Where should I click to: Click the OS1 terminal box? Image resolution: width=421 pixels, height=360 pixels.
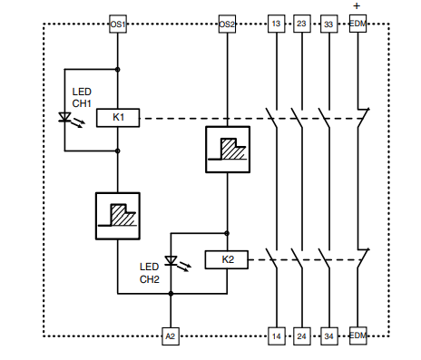[118, 24]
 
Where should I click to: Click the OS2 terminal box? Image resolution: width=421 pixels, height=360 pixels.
[227, 24]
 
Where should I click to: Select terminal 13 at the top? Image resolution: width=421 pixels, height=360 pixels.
[276, 24]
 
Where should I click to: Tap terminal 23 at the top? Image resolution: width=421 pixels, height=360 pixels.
[302, 24]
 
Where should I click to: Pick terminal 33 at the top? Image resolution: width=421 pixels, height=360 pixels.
[329, 24]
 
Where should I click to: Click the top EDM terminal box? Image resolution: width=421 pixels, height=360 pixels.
[358, 24]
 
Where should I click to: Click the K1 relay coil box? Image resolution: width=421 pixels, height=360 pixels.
[119, 118]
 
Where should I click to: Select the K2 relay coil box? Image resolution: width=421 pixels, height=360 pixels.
[227, 260]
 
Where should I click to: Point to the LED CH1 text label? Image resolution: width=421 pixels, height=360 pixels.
[83, 97]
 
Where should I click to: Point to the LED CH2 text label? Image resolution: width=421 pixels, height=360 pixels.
[151, 273]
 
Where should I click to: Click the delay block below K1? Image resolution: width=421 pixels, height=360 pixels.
[119, 214]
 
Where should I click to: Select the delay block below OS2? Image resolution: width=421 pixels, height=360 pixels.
[227, 149]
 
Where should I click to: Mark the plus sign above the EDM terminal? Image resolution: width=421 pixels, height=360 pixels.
[357, 6]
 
